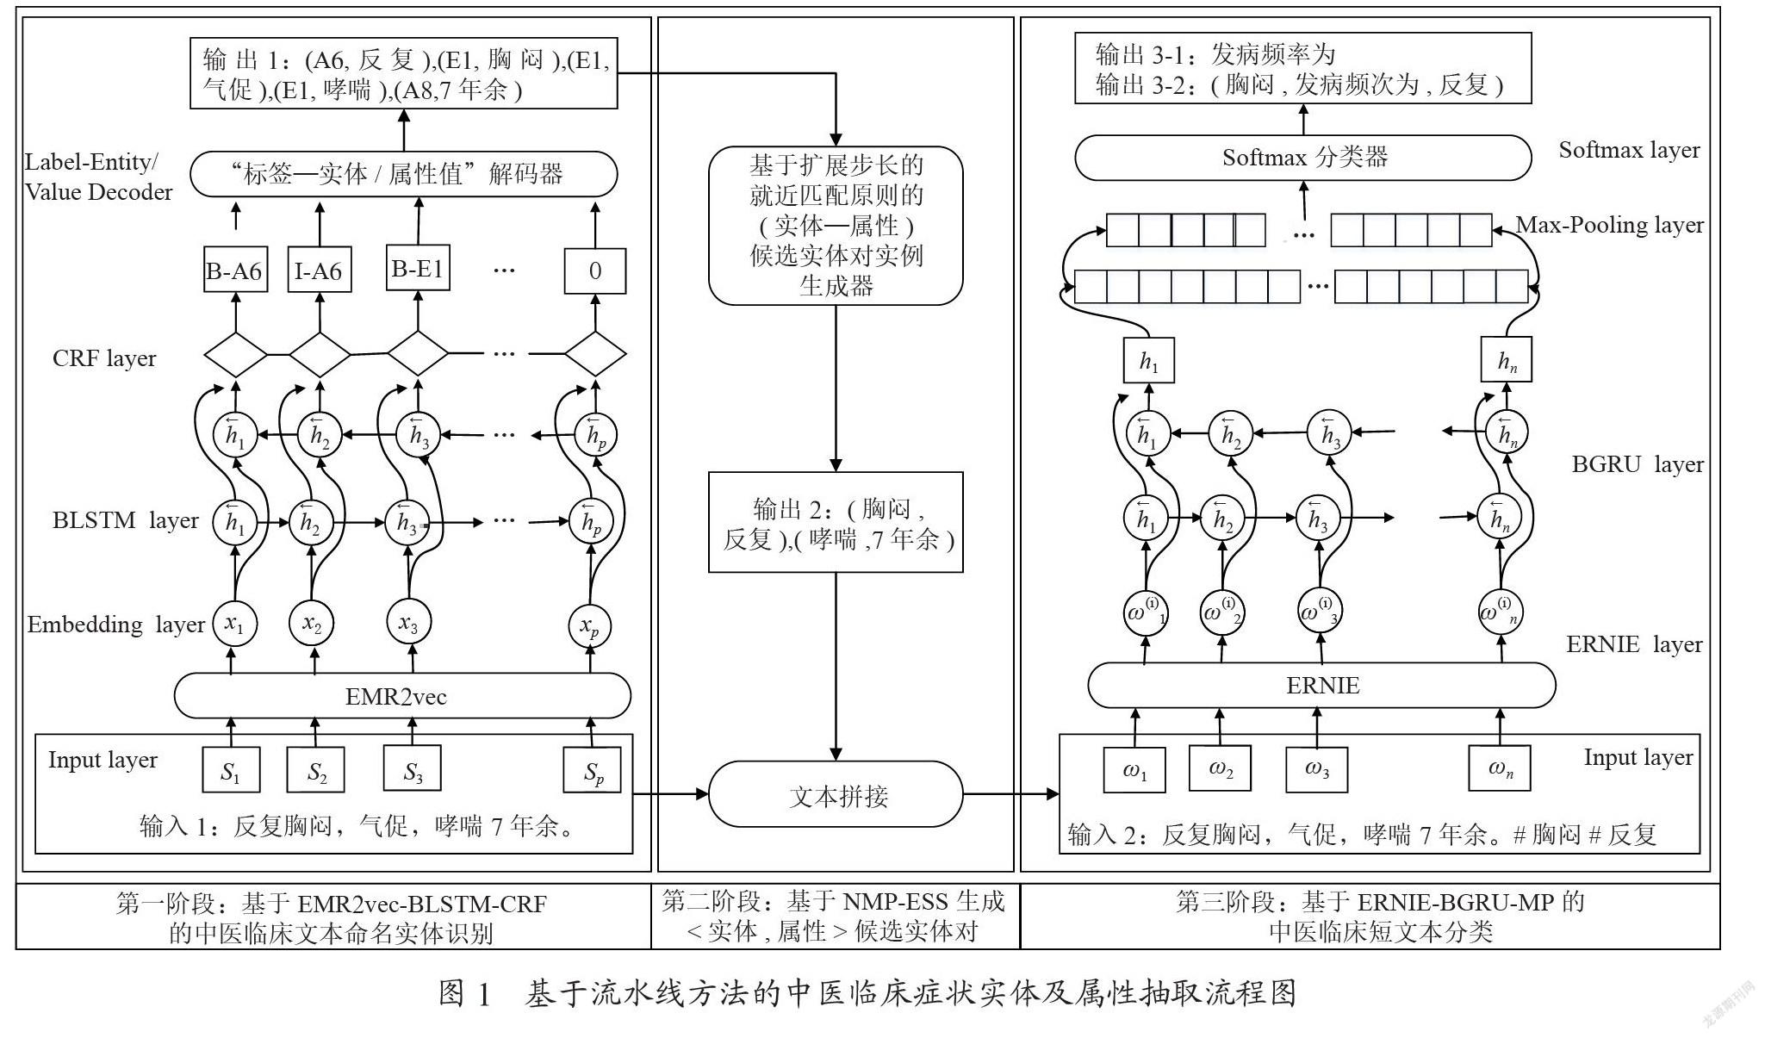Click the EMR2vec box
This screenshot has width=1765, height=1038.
coord(402,696)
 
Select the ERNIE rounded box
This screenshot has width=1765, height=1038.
coord(1321,686)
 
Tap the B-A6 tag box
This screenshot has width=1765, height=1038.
coord(234,270)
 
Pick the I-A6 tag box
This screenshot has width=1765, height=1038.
coord(319,270)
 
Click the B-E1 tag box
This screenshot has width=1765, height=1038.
coord(418,269)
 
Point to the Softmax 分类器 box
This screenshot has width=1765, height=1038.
coord(1303,157)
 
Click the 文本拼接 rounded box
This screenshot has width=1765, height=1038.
coord(836,794)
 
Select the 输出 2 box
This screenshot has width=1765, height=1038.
coord(836,522)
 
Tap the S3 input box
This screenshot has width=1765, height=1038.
coord(413,769)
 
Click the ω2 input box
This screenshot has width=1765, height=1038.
coord(1221,768)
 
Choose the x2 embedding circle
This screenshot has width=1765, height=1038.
coord(311,624)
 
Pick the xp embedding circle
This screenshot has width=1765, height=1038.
coord(590,626)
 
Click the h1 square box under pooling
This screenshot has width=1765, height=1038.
coord(1148,360)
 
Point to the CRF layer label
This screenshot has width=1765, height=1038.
coord(104,358)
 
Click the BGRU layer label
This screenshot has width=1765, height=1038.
coord(1638,464)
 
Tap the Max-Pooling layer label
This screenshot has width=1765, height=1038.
coord(1609,225)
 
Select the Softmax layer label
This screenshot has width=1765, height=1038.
coord(1629,150)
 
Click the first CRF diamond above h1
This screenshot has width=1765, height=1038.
coord(235,354)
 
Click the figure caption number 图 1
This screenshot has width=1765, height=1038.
coord(465,993)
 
